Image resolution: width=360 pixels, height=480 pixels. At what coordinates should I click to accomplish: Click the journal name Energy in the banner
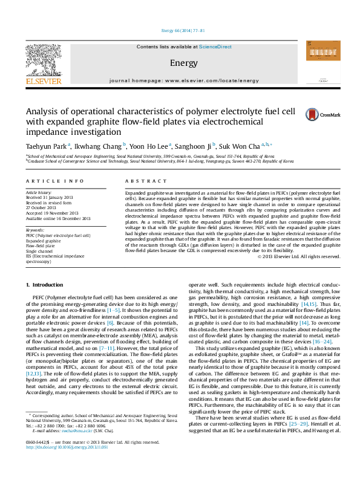(x=180, y=63)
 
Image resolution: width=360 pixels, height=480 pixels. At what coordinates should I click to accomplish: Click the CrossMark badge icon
(x=313, y=114)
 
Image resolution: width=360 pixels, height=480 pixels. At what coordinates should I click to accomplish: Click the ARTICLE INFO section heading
(x=48, y=181)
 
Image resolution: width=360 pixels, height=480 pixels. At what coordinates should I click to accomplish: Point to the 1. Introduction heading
(x=46, y=284)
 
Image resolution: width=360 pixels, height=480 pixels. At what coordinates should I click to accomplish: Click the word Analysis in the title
(x=43, y=111)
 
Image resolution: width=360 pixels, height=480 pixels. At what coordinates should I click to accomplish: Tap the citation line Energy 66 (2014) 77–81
(x=180, y=30)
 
